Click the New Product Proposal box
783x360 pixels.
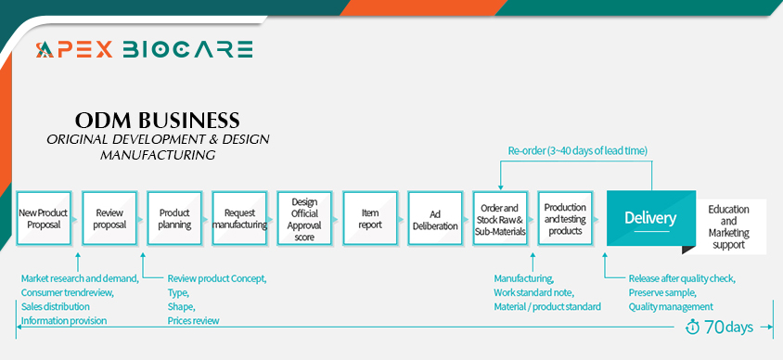[x=44, y=218]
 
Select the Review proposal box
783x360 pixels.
[x=109, y=218]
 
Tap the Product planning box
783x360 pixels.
[x=174, y=218]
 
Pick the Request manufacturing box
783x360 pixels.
[x=239, y=218]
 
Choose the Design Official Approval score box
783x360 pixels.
[x=304, y=218]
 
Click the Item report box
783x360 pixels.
[x=370, y=218]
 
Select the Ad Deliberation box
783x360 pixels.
[x=435, y=218]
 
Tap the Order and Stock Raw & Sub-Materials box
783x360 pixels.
[x=500, y=218]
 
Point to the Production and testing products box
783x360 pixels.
[x=565, y=218]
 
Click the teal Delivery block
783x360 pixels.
[x=650, y=218]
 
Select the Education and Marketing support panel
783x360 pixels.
[x=728, y=226]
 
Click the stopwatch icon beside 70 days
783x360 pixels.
[x=693, y=327]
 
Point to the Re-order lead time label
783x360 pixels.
[x=578, y=150]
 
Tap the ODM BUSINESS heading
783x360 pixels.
[x=158, y=120]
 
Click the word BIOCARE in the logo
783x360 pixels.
[x=187, y=49]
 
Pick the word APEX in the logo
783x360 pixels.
[x=74, y=49]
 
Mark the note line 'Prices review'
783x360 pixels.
[x=193, y=320]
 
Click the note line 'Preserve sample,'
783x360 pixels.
[x=662, y=292]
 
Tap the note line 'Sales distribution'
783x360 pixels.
[x=56, y=306]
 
